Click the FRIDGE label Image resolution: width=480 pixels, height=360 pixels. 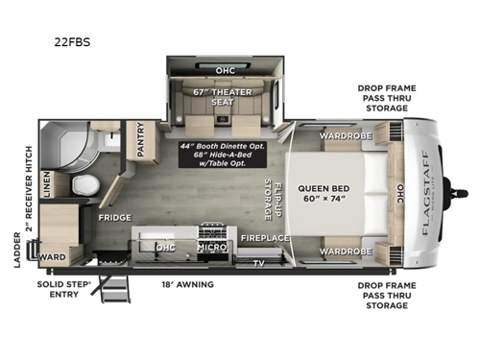pos(113,218)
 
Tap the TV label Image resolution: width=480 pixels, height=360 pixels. pos(256,262)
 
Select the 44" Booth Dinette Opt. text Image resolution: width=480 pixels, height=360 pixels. pos(212,144)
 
